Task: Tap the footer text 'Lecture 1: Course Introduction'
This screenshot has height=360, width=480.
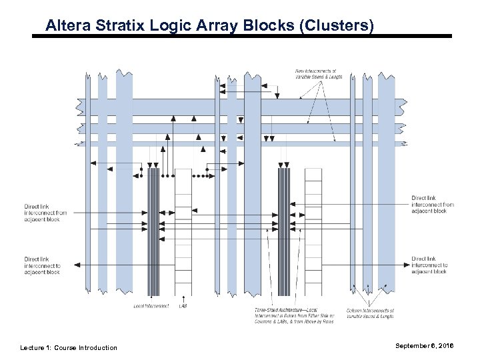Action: tap(69, 347)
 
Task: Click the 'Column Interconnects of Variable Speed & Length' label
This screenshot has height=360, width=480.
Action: tap(371, 313)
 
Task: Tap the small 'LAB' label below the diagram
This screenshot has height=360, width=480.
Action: tap(183, 306)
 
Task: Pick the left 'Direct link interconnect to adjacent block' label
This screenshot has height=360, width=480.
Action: tap(42, 265)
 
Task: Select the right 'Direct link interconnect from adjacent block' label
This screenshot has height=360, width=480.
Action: tap(433, 204)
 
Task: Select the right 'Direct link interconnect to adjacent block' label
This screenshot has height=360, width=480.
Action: tap(430, 265)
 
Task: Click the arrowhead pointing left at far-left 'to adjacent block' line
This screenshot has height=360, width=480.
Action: tap(77, 265)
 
